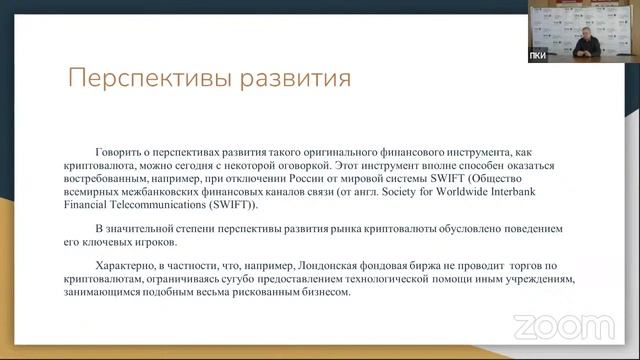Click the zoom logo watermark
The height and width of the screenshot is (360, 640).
(x=549, y=326)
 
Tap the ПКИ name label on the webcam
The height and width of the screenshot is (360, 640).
(x=537, y=56)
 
